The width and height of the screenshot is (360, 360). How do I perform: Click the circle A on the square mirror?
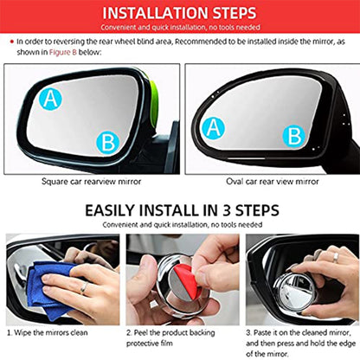(x=49, y=99)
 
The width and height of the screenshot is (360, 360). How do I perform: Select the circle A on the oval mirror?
(x=213, y=129)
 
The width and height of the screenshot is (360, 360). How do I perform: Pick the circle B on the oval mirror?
(x=295, y=135)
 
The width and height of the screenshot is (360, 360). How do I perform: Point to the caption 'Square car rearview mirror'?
(x=92, y=182)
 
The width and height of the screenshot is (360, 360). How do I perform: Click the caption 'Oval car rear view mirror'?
(x=269, y=182)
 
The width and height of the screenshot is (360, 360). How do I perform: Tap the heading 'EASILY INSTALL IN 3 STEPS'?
(x=179, y=209)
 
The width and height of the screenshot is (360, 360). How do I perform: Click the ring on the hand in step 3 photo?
(x=335, y=257)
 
